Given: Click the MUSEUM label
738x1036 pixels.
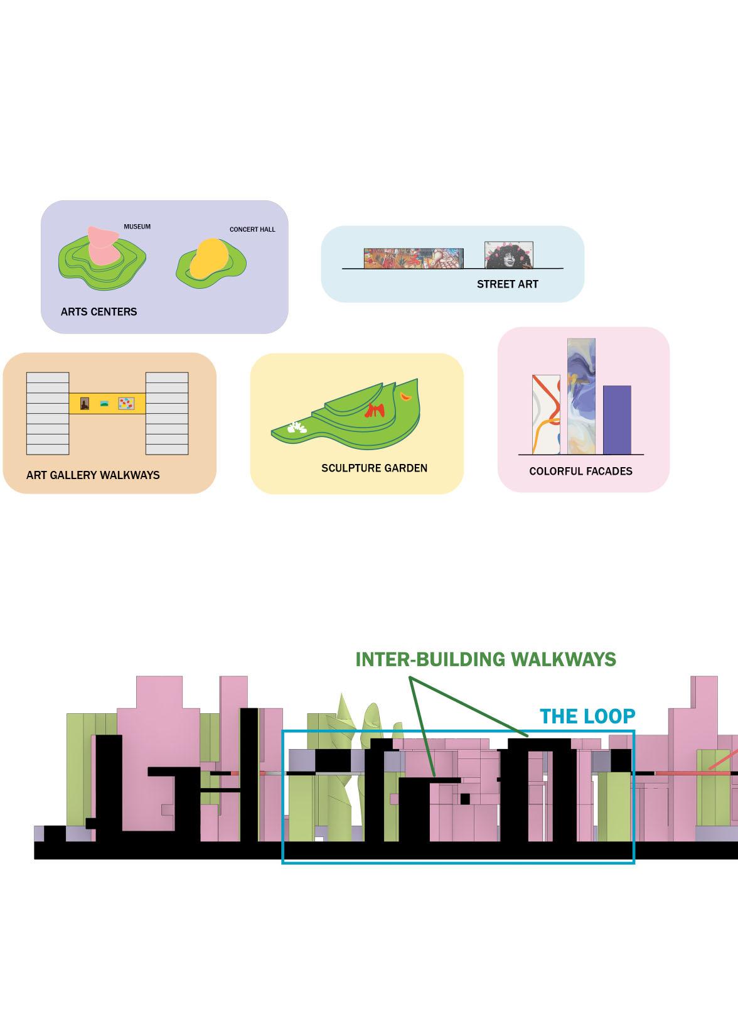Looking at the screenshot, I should tap(137, 227).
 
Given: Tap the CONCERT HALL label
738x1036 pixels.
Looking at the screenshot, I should tap(252, 229).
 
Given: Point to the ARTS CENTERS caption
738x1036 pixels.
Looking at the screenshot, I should tap(99, 311).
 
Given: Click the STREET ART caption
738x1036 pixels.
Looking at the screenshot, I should tap(507, 284).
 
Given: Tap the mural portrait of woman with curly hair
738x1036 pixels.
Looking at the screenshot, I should tap(509, 255).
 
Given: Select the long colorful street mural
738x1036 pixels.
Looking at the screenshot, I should tap(414, 258).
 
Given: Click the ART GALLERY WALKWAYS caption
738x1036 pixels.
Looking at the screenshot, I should tap(93, 475).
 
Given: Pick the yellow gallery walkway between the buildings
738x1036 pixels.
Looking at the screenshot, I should tap(107, 403).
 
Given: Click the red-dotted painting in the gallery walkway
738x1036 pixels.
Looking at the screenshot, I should tap(127, 403).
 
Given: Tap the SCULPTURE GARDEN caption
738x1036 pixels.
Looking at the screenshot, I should tap(374, 468).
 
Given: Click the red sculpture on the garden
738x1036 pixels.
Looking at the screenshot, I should tap(376, 411).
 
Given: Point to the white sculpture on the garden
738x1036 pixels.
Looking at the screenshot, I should tap(295, 428).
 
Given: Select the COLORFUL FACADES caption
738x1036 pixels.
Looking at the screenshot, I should tap(580, 471).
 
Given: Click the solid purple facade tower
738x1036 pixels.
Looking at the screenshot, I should tap(617, 419).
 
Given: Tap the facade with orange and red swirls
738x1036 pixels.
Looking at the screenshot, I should tap(546, 414).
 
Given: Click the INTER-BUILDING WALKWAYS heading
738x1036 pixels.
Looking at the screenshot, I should tap(486, 659).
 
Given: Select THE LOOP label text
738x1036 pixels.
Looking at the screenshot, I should tap(587, 716).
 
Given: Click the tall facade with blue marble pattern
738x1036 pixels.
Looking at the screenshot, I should tap(581, 396).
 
